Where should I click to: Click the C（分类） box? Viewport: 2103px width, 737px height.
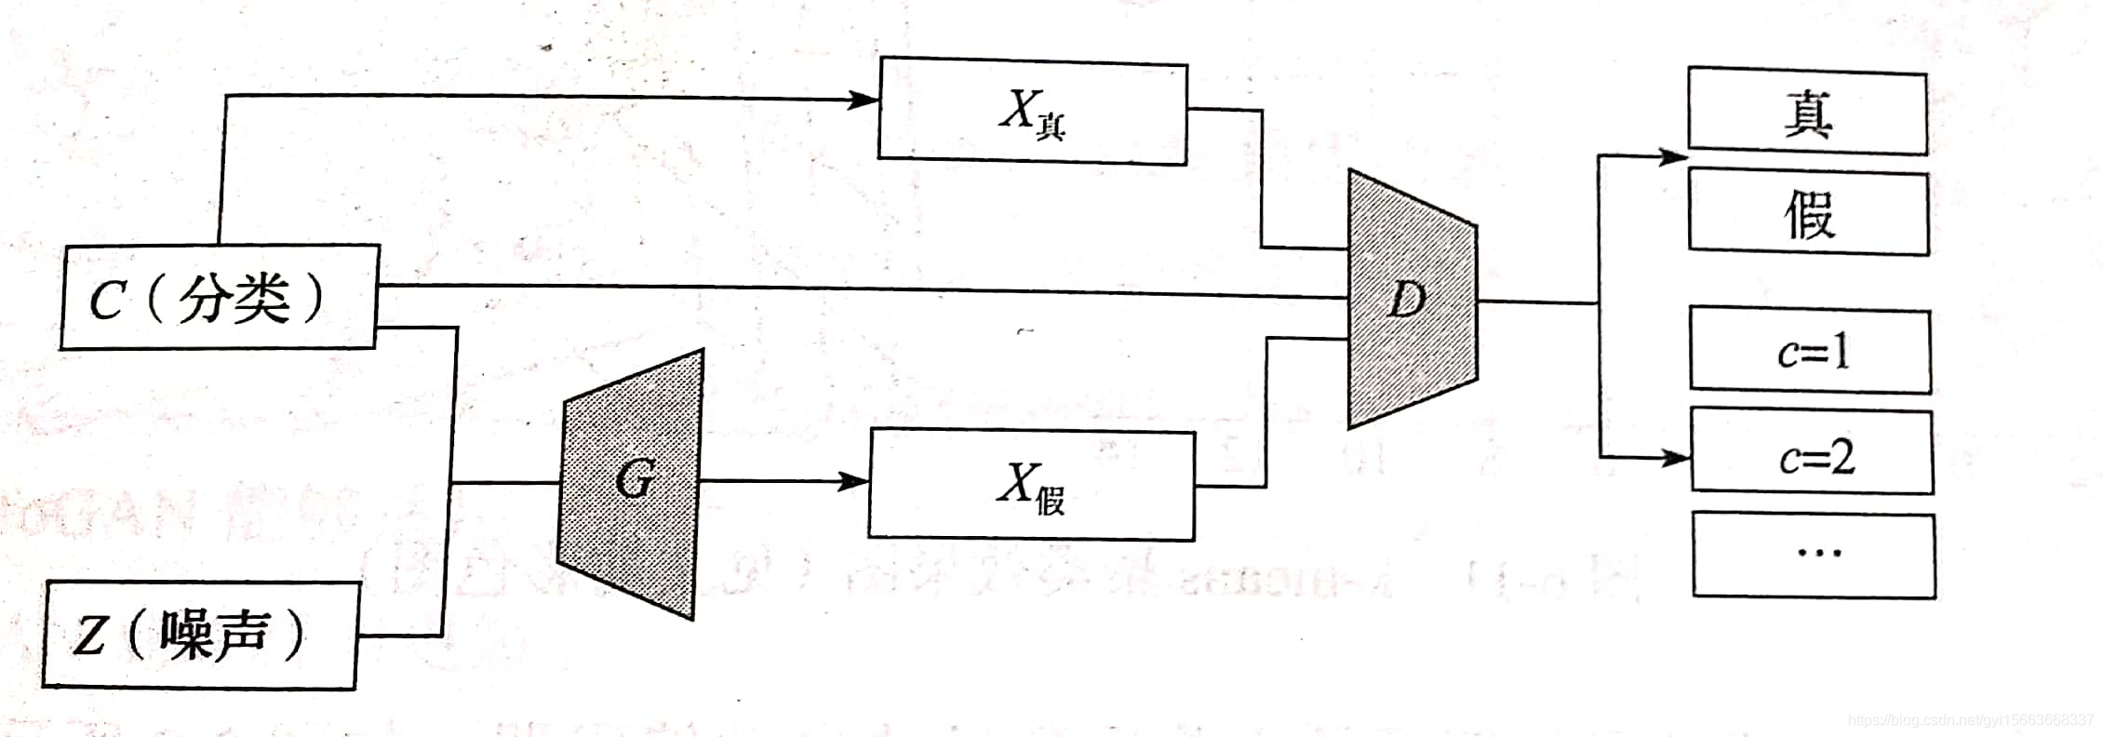pyautogui.click(x=220, y=298)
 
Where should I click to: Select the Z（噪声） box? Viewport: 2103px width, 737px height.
pyautogui.click(x=200, y=636)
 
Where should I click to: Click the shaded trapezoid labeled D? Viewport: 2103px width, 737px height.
pyautogui.click(x=1411, y=300)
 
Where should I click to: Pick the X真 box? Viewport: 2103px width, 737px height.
pyautogui.click(x=1032, y=112)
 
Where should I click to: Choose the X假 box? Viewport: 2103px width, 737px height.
pyautogui.click(x=1031, y=485)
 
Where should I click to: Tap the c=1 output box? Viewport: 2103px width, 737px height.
pyautogui.click(x=1810, y=351)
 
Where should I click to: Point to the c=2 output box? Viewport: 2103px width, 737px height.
pyautogui.click(x=1812, y=453)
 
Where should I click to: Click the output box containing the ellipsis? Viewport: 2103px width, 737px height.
pyautogui.click(x=1814, y=555)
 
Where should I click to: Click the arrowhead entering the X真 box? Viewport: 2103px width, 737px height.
pyautogui.click(x=864, y=100)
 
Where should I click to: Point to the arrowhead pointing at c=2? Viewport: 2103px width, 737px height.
pyautogui.click(x=1677, y=457)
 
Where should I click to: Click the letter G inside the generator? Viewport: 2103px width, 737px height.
pyautogui.click(x=634, y=481)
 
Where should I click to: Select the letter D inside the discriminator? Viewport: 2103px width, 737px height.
pyautogui.click(x=1406, y=300)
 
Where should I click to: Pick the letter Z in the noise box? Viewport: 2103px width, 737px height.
pyautogui.click(x=89, y=638)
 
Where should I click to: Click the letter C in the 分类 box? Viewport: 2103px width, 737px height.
pyautogui.click(x=106, y=301)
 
